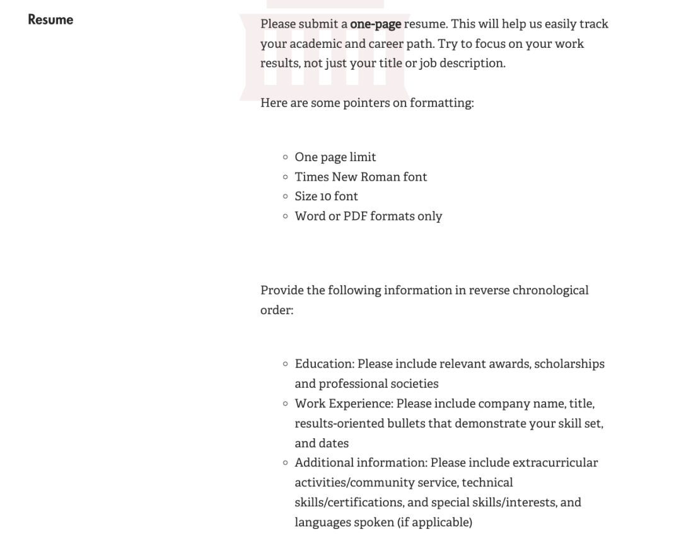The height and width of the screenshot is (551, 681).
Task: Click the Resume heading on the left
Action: click(50, 20)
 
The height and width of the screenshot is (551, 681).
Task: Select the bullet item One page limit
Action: click(335, 157)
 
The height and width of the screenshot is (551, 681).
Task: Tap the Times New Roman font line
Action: click(361, 177)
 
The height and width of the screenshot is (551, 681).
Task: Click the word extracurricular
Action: click(555, 463)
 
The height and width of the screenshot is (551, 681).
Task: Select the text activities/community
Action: click(353, 482)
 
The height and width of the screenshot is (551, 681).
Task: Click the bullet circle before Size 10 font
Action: click(286, 196)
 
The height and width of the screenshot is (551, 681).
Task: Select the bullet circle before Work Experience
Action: click(286, 403)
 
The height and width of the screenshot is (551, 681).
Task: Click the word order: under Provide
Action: click(277, 310)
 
